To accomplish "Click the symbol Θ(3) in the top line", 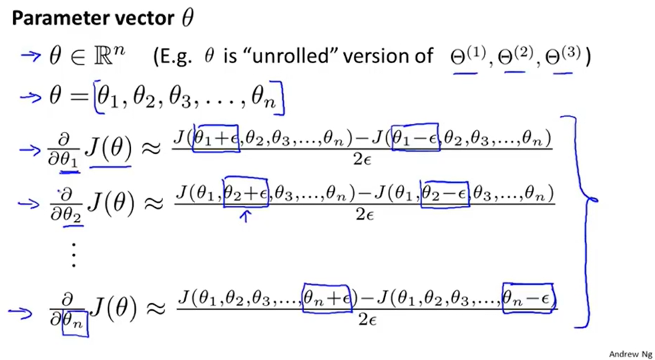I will (x=566, y=57).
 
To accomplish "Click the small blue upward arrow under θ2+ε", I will (x=246, y=215).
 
